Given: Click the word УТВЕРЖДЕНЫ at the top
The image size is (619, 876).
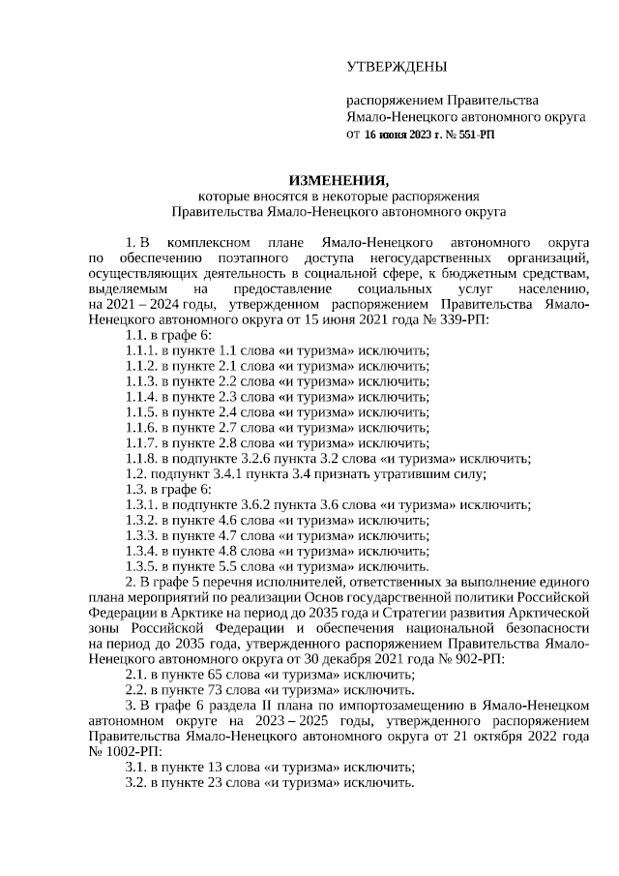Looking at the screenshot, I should point(397,67).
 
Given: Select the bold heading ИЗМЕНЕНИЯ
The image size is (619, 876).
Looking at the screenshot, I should point(339,180).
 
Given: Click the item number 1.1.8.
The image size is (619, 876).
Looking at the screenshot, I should point(141,459).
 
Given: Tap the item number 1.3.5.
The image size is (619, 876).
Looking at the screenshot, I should point(141,566).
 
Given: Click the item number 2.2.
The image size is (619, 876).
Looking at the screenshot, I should point(135,691).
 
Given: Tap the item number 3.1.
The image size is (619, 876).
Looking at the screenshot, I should point(135,768).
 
